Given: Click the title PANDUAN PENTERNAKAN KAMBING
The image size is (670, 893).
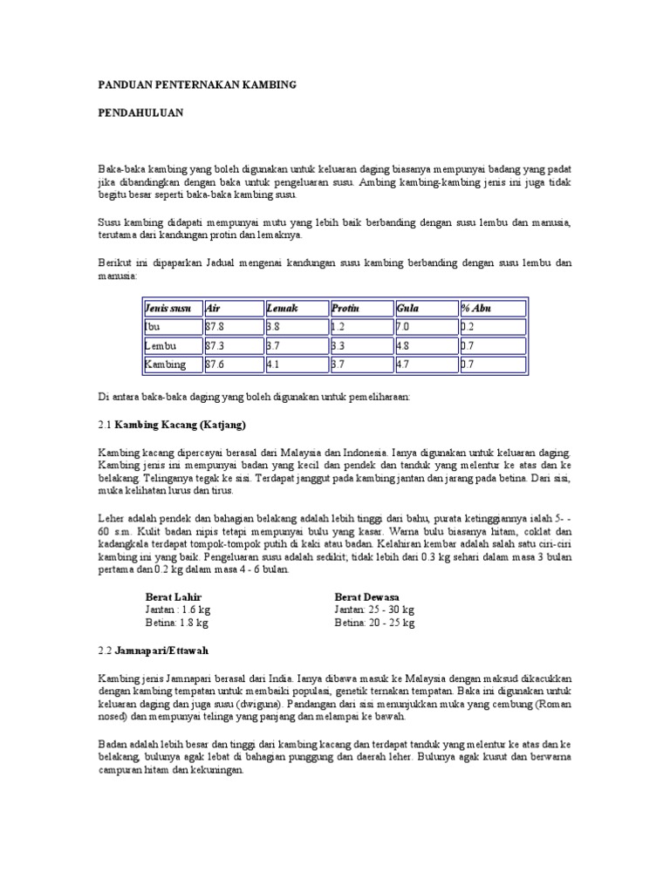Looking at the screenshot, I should [x=196, y=85].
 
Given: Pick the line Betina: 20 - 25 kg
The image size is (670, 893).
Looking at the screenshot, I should [x=374, y=624].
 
